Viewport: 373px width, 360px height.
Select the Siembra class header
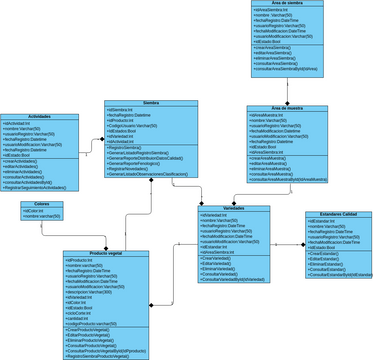(151, 103)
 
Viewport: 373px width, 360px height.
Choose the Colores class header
(42, 204)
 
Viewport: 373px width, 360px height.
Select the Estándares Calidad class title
(332, 213)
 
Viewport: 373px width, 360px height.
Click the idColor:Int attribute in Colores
(36, 210)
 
